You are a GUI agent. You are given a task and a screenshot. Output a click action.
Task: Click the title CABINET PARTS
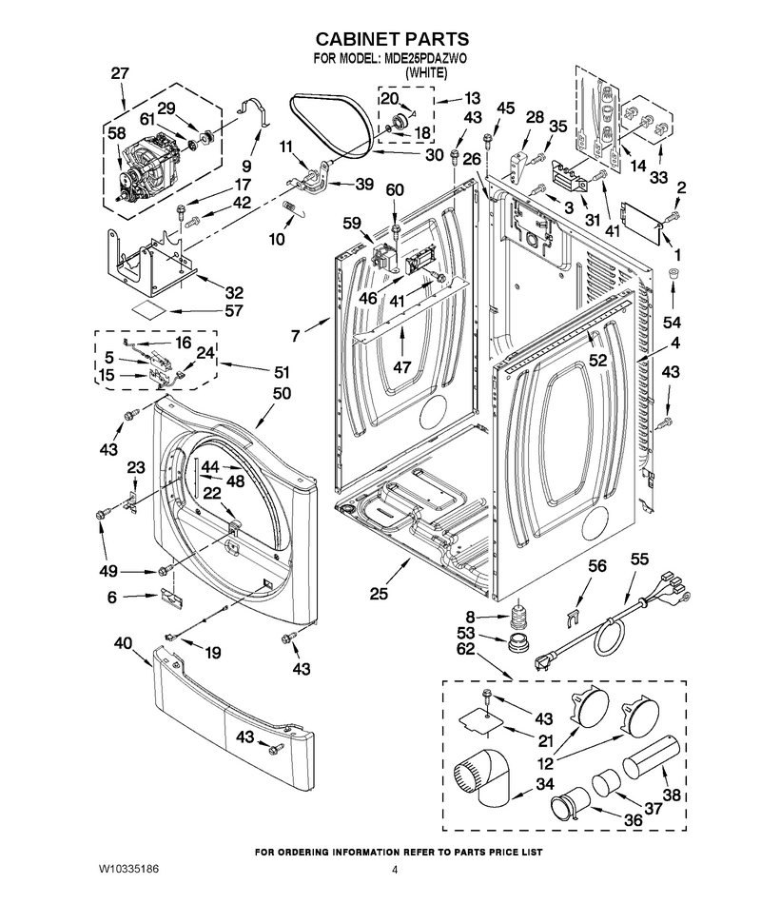(x=392, y=39)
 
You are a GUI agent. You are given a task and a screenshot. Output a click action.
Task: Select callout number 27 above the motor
(x=120, y=73)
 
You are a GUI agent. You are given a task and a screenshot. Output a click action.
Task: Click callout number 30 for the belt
(x=435, y=155)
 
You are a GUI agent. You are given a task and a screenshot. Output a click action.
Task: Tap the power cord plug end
(x=542, y=663)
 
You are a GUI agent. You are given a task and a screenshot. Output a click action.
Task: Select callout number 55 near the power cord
(x=639, y=559)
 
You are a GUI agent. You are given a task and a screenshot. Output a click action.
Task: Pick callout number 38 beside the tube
(x=672, y=795)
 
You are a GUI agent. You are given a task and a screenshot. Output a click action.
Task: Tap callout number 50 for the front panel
(x=282, y=393)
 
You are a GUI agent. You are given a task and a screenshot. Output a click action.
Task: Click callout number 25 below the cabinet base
(x=379, y=594)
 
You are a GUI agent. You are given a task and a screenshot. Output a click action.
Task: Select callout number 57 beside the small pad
(x=234, y=310)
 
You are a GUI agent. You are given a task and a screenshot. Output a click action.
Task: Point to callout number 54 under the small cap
(x=672, y=322)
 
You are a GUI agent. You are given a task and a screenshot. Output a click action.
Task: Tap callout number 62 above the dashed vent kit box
(x=465, y=649)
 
